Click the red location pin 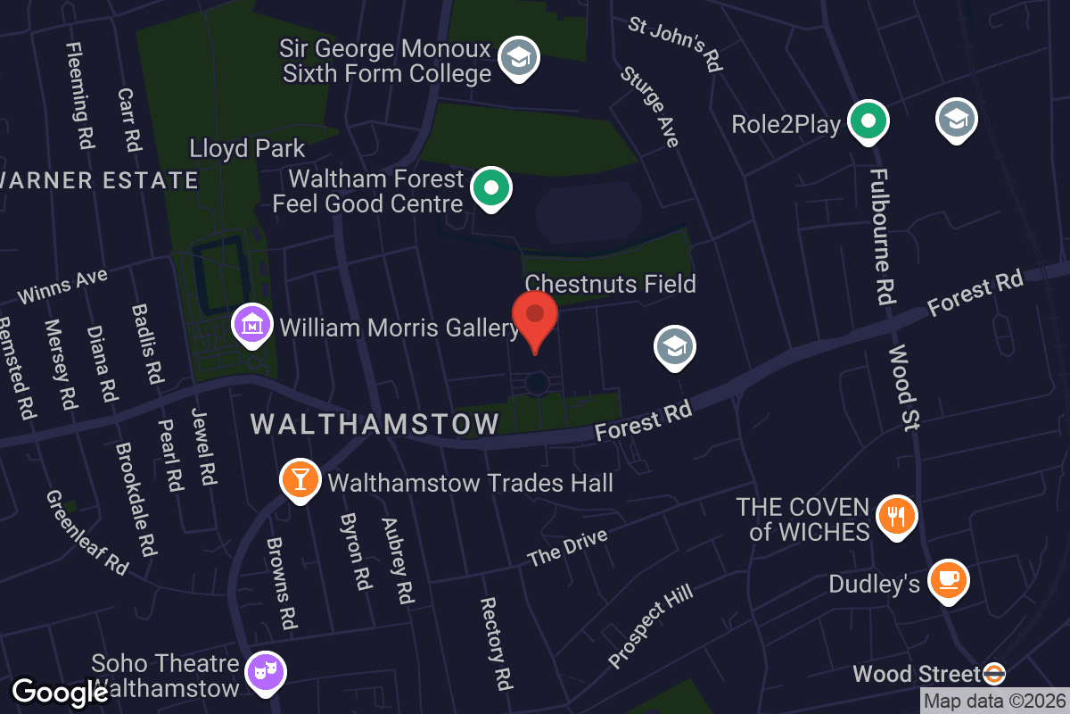click(535, 317)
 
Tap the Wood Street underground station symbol click(993, 674)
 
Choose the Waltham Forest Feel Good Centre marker click(490, 188)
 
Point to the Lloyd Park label click(248, 148)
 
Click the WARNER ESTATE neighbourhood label click(98, 180)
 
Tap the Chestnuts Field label click(610, 285)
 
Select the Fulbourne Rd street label click(881, 237)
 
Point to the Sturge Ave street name click(650, 106)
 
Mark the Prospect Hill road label click(650, 627)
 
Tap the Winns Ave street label click(62, 286)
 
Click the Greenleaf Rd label click(87, 532)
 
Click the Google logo click(60, 693)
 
